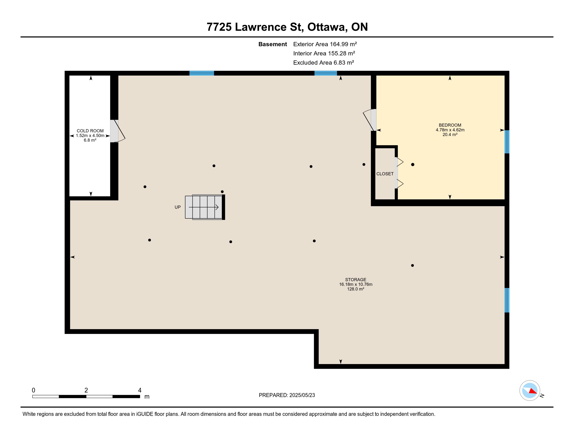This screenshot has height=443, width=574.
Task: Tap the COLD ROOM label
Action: point(90,131)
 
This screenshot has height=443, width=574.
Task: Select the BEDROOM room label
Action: point(450,125)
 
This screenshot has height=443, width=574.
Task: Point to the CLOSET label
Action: point(385,174)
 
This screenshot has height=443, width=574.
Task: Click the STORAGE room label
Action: point(356,280)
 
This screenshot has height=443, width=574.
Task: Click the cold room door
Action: point(117,131)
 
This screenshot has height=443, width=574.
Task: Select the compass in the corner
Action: point(530,391)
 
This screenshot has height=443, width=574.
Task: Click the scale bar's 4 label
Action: point(140,390)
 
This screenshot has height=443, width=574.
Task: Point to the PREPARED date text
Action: point(287,395)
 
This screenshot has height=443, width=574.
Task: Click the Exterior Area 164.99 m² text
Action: point(325,44)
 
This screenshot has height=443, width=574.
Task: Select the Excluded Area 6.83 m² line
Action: point(324,63)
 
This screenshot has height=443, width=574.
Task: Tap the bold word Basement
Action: point(273,44)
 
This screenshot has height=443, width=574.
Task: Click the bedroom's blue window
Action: point(507,142)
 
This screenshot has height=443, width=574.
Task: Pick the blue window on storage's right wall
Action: point(507,300)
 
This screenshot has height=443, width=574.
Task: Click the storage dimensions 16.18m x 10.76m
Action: point(356,285)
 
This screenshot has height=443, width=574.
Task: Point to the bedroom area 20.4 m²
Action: point(450,135)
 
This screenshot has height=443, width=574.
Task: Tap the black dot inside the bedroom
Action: point(413,164)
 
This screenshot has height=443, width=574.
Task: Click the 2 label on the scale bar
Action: point(86,390)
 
